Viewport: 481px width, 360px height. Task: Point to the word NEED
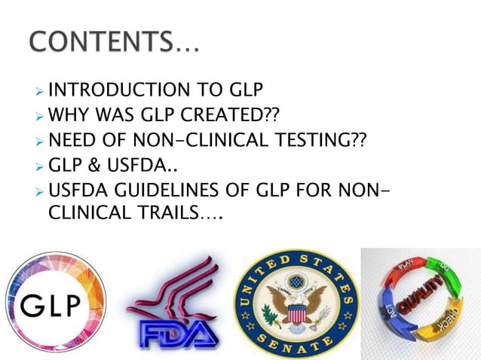[71, 139]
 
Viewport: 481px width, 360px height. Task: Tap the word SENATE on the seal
[297, 343]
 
